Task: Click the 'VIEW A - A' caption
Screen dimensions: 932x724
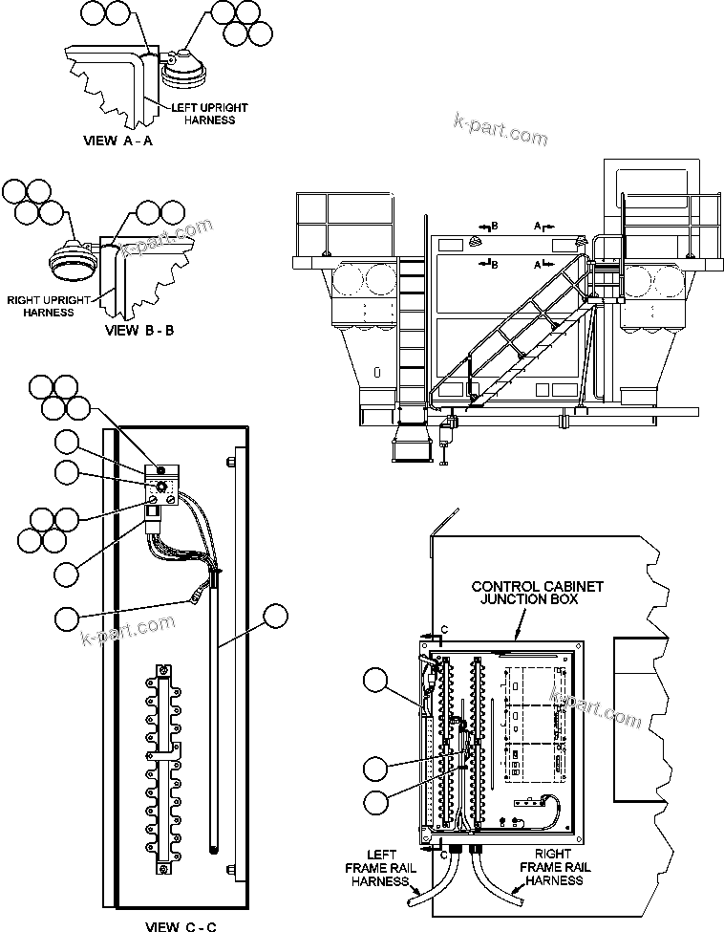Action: (118, 140)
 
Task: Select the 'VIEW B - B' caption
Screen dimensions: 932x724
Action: (138, 332)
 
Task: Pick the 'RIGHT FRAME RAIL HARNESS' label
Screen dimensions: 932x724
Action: (555, 867)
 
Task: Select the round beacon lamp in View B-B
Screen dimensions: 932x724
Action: (73, 261)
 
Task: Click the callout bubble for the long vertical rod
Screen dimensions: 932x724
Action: (276, 616)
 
